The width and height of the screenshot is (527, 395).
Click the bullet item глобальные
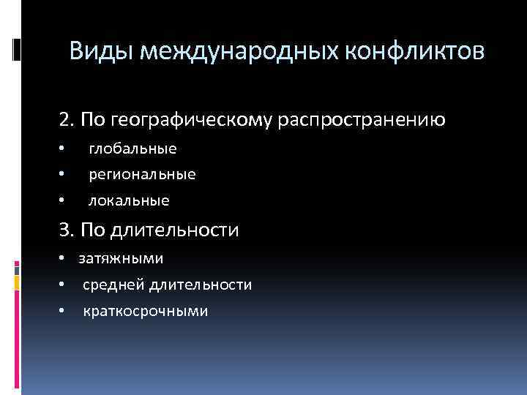[x=132, y=148]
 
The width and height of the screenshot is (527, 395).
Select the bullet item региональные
[x=142, y=175]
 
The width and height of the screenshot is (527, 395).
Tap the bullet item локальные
[x=129, y=200]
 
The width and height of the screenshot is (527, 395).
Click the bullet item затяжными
[x=121, y=258]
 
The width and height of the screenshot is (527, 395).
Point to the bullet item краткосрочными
[x=145, y=311]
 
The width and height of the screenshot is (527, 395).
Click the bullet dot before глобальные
[x=63, y=149]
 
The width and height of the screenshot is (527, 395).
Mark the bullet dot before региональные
[x=63, y=175]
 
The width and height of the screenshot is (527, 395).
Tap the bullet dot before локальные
[x=63, y=200]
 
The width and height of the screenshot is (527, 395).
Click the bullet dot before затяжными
[x=63, y=258]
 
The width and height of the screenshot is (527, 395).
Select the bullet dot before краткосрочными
[x=63, y=311]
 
